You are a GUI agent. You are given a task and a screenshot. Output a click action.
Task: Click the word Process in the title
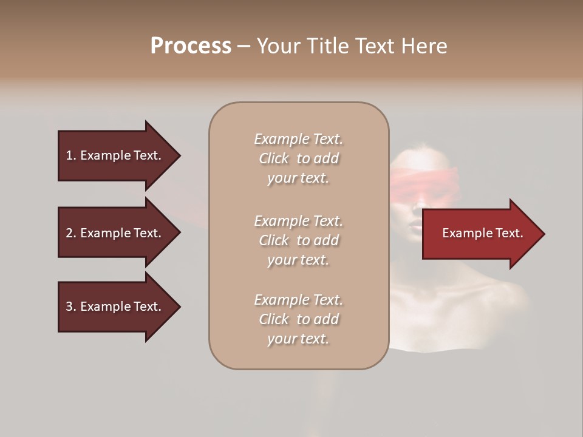[x=191, y=46]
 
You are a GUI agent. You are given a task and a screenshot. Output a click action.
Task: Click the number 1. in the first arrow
[x=71, y=155]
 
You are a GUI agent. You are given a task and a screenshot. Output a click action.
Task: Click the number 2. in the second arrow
[x=71, y=233]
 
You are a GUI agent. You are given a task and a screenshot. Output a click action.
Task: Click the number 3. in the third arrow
[x=71, y=307]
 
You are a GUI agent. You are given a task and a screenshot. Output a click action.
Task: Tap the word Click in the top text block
[x=274, y=159]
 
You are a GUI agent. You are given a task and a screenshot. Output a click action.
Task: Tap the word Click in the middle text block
[x=274, y=240]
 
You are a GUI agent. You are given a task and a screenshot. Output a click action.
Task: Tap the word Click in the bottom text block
[x=274, y=319]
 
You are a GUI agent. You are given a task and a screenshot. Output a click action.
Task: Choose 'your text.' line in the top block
[x=298, y=178]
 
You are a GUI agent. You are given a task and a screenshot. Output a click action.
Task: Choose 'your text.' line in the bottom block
[x=298, y=339]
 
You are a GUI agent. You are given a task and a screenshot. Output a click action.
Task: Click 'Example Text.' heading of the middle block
[x=298, y=221]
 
